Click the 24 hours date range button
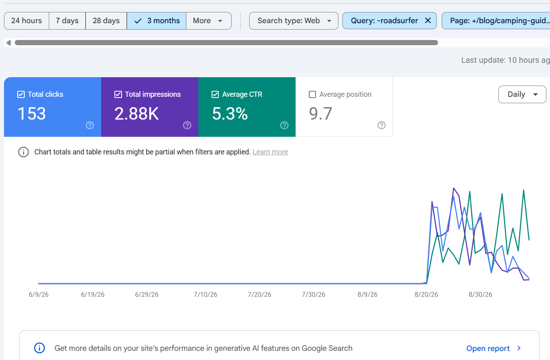(x=26, y=21)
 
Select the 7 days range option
(x=67, y=21)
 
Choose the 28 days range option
(x=106, y=21)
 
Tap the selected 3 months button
(x=156, y=21)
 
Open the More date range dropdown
(x=209, y=21)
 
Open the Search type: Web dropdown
(x=294, y=21)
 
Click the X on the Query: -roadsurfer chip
(x=428, y=21)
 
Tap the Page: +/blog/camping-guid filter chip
(x=496, y=21)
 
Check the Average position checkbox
(x=312, y=94)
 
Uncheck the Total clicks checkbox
(x=21, y=94)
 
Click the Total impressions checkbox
(x=118, y=94)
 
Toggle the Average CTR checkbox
(x=215, y=94)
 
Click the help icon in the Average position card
(x=381, y=125)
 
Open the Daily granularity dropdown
(x=522, y=94)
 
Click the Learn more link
(x=270, y=152)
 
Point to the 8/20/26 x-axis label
(x=426, y=294)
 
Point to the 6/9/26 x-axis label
(x=38, y=294)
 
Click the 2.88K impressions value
(x=136, y=114)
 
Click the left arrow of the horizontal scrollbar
(x=8, y=43)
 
